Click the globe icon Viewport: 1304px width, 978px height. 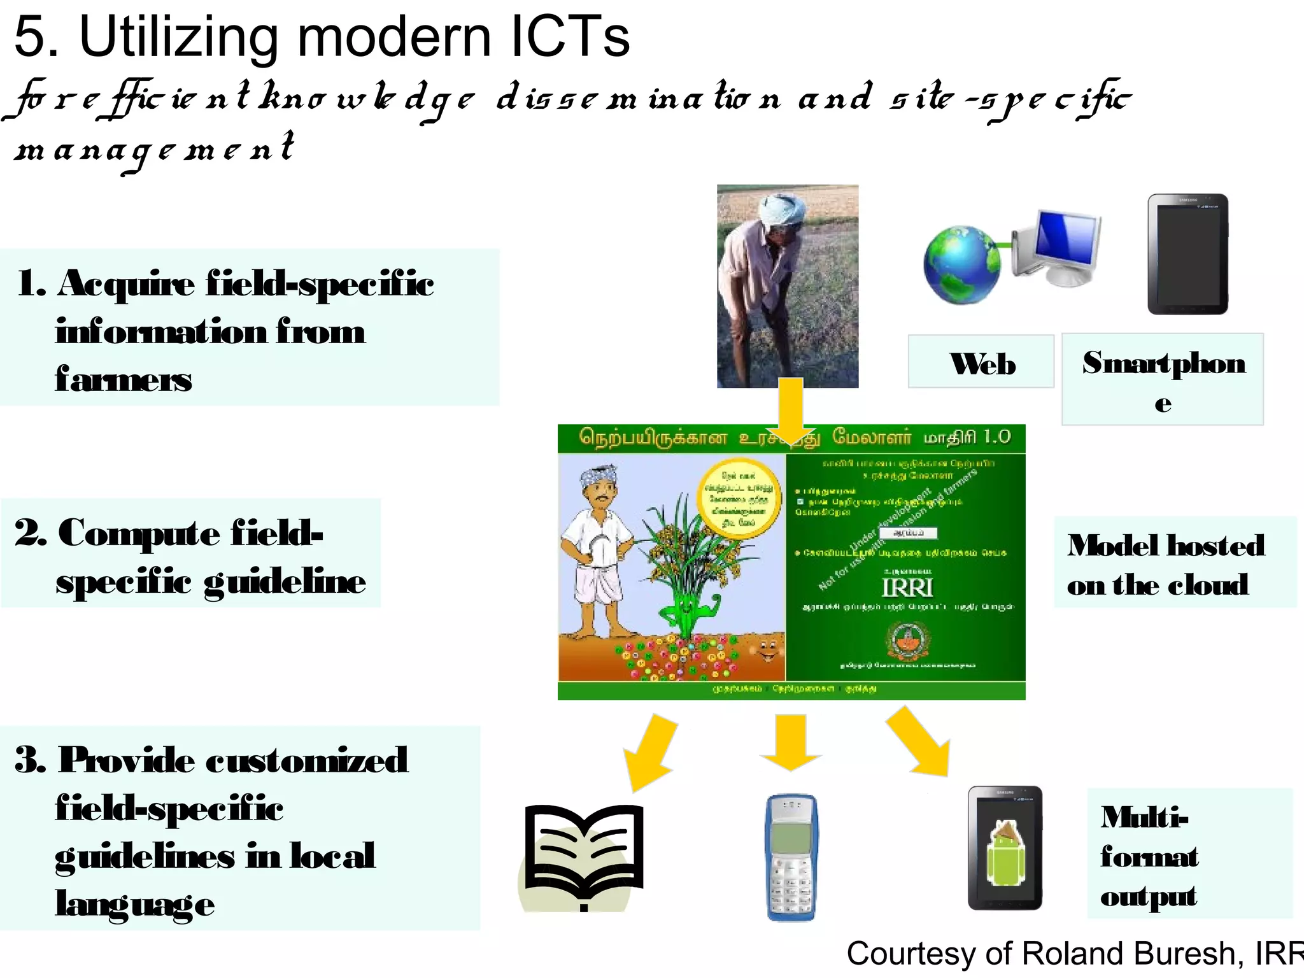point(961,265)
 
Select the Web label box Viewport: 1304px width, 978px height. point(981,362)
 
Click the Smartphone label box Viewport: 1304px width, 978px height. point(1163,379)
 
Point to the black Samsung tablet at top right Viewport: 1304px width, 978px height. point(1187,255)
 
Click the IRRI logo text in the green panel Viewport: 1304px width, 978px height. point(907,587)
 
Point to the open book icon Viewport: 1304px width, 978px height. point(583,850)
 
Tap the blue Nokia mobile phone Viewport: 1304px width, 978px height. point(791,856)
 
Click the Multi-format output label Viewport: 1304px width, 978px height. point(1149,856)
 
